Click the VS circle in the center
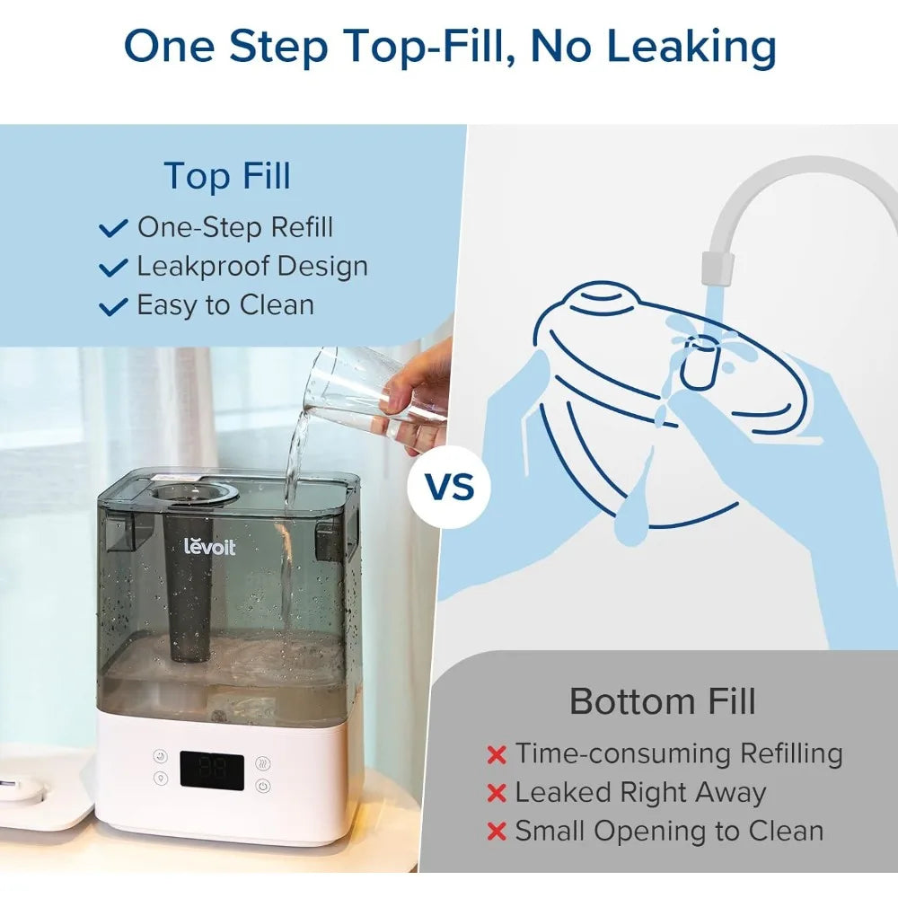(450, 487)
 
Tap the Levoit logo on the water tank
(209, 546)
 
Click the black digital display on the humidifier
(212, 770)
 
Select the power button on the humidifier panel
(263, 786)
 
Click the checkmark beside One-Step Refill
(113, 227)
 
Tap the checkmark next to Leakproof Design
(113, 267)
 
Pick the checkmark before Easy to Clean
(113, 306)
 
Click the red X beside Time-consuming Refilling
(497, 755)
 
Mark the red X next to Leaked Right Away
(497, 794)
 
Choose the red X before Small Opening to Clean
(497, 832)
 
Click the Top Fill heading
(227, 175)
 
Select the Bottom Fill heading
(663, 701)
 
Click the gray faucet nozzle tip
(718, 268)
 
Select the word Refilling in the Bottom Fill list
(791, 753)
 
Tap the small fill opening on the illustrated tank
(699, 362)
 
